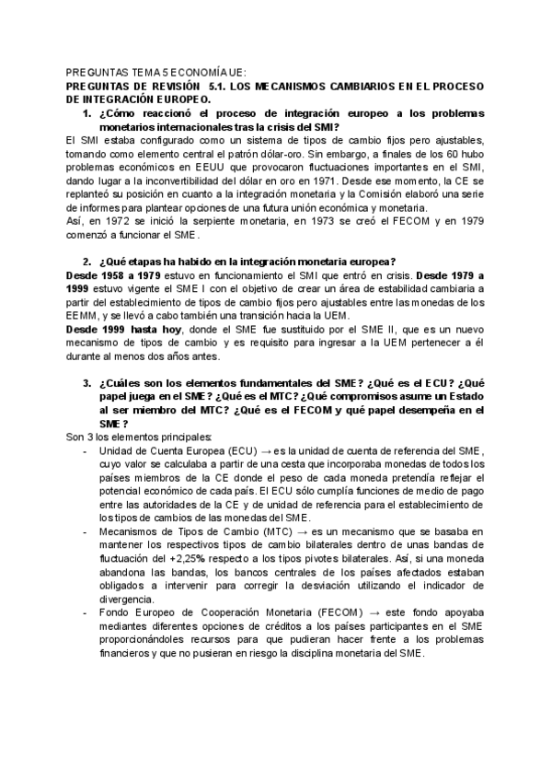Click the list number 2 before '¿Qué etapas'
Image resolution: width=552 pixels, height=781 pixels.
tap(86, 262)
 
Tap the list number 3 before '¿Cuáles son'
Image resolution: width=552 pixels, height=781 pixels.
tap(86, 383)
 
